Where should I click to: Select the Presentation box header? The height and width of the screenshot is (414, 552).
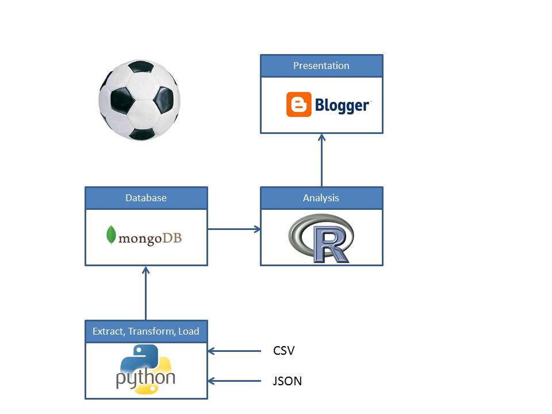click(321, 66)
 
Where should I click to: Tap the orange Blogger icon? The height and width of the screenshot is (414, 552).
click(298, 105)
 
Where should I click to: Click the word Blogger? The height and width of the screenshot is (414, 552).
click(342, 105)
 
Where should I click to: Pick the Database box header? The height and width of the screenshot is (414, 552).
click(146, 198)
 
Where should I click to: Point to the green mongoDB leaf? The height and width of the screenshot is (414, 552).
click(111, 236)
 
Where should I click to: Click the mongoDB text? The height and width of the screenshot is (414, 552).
click(149, 237)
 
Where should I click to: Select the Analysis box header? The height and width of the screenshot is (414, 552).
click(321, 198)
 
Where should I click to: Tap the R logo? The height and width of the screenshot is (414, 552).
click(321, 238)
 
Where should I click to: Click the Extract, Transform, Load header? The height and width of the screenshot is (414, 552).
click(146, 331)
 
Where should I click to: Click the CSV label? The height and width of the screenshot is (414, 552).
click(283, 351)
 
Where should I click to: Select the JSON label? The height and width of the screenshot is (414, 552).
click(287, 381)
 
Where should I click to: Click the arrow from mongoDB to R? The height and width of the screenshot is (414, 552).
click(233, 229)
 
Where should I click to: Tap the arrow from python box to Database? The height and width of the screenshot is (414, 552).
click(146, 293)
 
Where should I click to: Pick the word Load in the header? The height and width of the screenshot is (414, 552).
click(189, 331)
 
